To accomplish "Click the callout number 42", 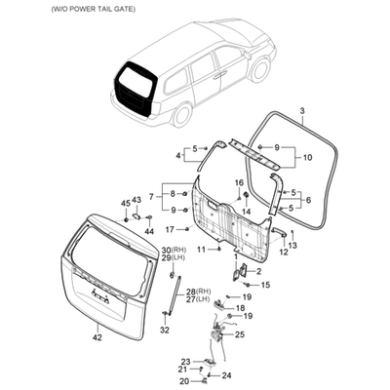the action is pyautogui.click(x=97, y=337).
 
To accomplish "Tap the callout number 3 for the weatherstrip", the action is pyautogui.click(x=302, y=111).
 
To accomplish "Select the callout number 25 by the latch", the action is pyautogui.click(x=240, y=334).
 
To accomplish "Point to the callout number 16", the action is pyautogui.click(x=239, y=183).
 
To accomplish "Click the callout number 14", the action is pyautogui.click(x=247, y=212).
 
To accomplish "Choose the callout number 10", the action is pyautogui.click(x=307, y=158).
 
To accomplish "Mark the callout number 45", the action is pyautogui.click(x=126, y=204).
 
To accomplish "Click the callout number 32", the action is pyautogui.click(x=165, y=331).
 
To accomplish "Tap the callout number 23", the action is pyautogui.click(x=185, y=362).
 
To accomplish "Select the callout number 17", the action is pyautogui.click(x=170, y=230).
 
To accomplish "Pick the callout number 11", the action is pyautogui.click(x=201, y=250).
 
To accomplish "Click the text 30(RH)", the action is pyautogui.click(x=174, y=250).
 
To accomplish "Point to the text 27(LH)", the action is pyautogui.click(x=197, y=298).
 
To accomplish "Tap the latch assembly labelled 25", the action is pyautogui.click(x=216, y=334).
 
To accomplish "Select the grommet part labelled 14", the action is pyautogui.click(x=246, y=196).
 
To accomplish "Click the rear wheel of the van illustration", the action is pyautogui.click(x=181, y=115).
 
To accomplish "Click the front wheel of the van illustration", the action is pyautogui.click(x=260, y=69).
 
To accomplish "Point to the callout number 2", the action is pyautogui.click(x=259, y=271).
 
